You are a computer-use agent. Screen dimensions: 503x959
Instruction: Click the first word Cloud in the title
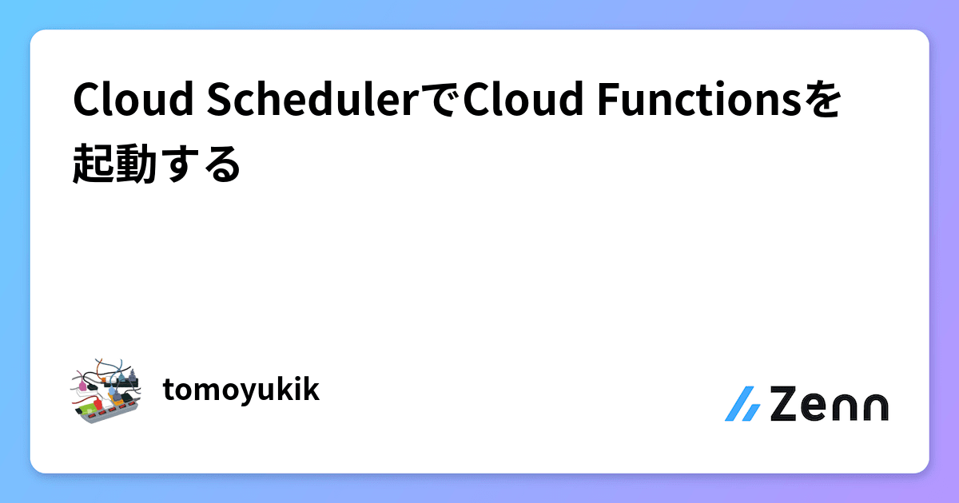tap(132, 101)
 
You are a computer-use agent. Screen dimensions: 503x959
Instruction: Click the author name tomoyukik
tap(241, 390)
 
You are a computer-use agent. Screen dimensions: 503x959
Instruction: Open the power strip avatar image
tap(106, 390)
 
